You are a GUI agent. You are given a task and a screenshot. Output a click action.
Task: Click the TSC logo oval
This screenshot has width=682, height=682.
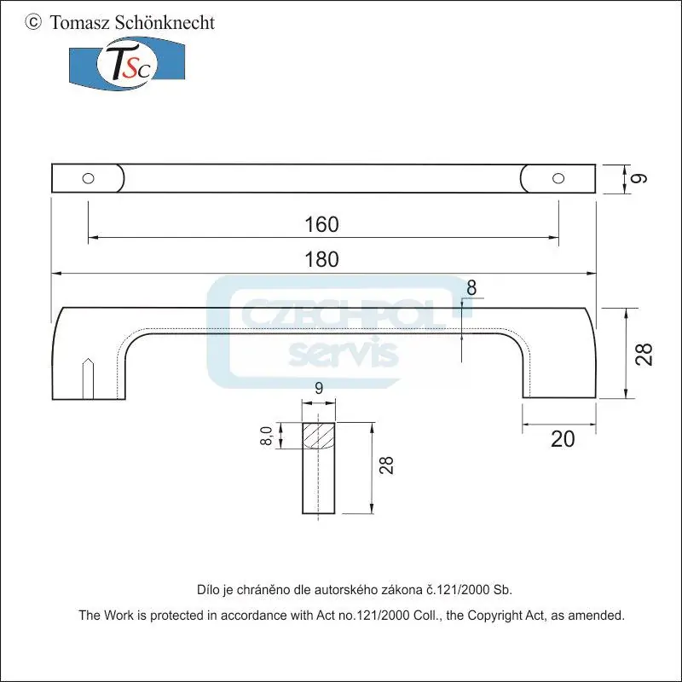coord(126,65)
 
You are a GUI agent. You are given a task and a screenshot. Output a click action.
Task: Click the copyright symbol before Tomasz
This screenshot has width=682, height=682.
coord(33,22)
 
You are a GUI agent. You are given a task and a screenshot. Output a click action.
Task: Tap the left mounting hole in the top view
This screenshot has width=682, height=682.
coord(88,178)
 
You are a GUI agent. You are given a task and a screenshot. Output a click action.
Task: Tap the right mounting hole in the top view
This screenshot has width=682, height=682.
coord(558,177)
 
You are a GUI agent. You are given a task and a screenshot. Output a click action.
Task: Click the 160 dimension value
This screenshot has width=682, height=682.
coord(321,225)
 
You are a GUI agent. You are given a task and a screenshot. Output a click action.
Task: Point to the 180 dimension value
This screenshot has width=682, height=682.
coord(321,260)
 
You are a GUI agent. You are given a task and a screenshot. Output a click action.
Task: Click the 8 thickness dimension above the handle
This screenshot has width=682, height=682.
coord(471,287)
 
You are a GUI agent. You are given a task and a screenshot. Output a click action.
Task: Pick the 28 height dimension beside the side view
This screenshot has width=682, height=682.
coord(645,353)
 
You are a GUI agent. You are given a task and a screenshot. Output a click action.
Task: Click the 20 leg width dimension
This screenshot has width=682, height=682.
coord(563,439)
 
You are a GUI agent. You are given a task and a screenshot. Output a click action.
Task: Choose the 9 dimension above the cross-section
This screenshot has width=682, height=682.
coord(319,388)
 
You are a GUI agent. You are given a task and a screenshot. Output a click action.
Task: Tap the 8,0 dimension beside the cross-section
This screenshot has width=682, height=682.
coord(267,436)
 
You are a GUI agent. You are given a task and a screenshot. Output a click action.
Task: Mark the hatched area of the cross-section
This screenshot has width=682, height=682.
coord(319,436)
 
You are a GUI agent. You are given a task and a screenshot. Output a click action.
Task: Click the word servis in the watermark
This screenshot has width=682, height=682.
coord(344,351)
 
